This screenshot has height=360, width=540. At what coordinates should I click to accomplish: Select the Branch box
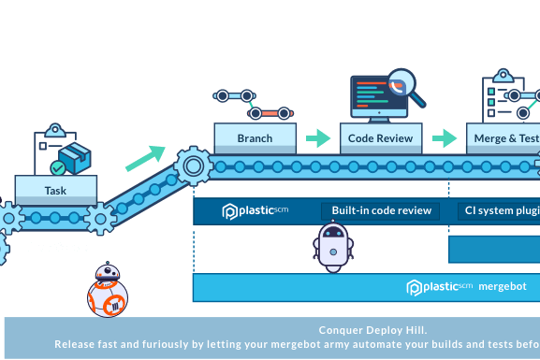[255, 138]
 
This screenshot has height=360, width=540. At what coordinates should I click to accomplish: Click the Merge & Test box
[503, 138]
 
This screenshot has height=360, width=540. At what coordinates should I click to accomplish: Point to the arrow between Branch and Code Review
[318, 138]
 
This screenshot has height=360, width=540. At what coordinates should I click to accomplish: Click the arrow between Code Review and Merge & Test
[445, 138]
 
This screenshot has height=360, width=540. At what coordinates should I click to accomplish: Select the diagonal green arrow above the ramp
[144, 157]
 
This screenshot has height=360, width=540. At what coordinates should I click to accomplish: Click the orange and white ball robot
[106, 291]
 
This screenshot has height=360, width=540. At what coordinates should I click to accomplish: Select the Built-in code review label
[380, 210]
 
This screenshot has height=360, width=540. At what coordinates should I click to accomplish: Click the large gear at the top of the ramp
[194, 167]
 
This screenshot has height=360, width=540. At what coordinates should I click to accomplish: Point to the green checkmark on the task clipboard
[58, 167]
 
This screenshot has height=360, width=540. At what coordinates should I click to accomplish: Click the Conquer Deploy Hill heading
[372, 330]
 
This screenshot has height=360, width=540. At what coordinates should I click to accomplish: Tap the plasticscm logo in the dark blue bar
[255, 210]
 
